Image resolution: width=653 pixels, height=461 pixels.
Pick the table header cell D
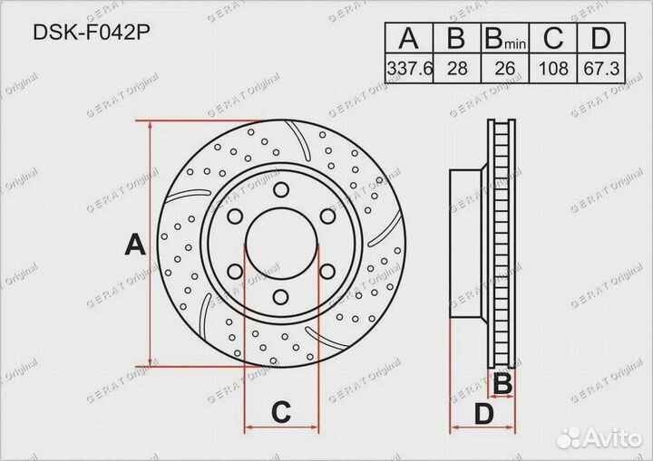[599, 39]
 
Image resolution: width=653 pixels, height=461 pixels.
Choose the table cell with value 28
[456, 68]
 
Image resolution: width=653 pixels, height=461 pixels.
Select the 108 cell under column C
[552, 68]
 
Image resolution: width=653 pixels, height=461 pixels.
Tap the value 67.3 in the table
[599, 68]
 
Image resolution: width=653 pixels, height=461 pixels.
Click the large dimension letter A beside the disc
[134, 245]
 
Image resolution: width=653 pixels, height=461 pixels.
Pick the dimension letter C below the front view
[281, 413]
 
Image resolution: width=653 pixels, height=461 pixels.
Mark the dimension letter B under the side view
[502, 385]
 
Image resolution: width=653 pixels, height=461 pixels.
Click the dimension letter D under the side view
[484, 414]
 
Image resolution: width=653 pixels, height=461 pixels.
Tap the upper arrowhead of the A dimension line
[151, 127]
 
